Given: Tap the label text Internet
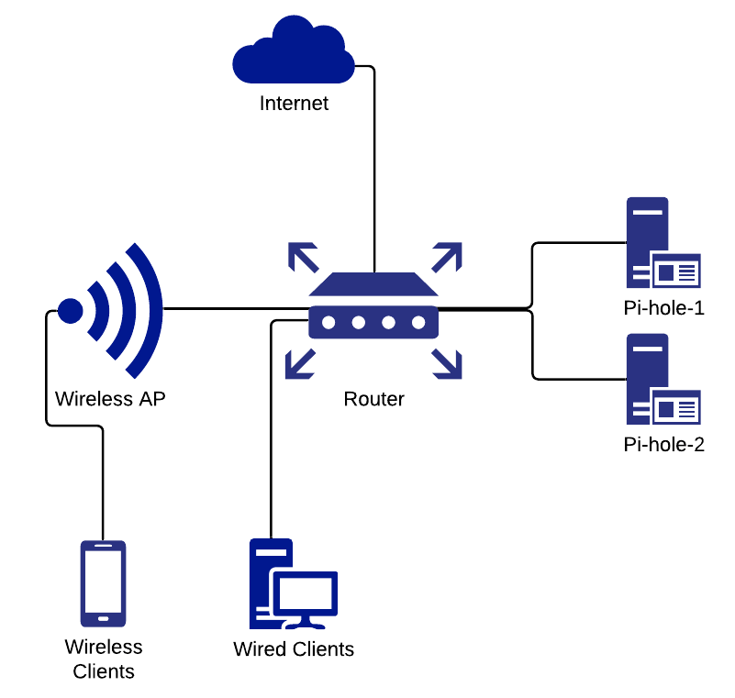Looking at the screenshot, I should pos(294,103).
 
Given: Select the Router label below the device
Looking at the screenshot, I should pos(373,399).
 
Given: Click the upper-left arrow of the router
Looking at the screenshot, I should pos(302,256).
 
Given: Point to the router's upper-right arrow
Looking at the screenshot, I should pos(447,256).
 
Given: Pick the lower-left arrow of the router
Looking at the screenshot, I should pos(300,364).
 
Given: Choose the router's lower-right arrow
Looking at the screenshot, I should pos(447,364).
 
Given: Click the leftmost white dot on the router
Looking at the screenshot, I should pos(329,323).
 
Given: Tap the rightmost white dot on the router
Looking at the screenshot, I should pos(418,323).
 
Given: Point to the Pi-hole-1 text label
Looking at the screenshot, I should pos(663,307).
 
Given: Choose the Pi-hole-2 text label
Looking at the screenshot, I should pos(663,446).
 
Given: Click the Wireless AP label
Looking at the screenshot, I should pos(110,399).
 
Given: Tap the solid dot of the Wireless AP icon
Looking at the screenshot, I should pos(71,311).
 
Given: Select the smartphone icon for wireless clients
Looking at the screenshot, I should pos(103,582).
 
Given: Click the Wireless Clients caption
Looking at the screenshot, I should pos(104,659).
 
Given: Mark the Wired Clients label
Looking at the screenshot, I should pos(294,649).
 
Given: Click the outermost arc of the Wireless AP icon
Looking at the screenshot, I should pos(152,310).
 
